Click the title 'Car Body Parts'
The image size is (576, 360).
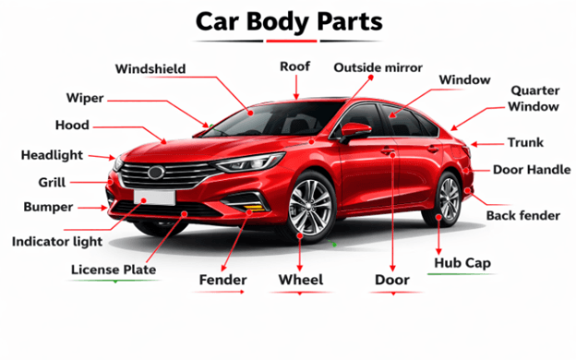[x=287, y=21]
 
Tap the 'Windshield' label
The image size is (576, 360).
[x=150, y=68]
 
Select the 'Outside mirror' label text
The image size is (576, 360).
[x=378, y=67]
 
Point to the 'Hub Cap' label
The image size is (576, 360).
[x=462, y=263]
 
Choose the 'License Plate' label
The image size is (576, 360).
[x=114, y=270]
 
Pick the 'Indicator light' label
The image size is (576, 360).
[x=56, y=241]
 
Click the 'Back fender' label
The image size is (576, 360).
[x=523, y=215]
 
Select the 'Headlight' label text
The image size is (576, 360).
[x=52, y=155]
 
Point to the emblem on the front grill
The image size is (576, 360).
[x=155, y=171]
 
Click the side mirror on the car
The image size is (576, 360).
[x=354, y=131]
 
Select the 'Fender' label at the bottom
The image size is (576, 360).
[x=222, y=279]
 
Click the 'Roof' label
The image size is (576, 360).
[x=294, y=66]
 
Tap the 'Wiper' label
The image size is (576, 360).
[x=84, y=98]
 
